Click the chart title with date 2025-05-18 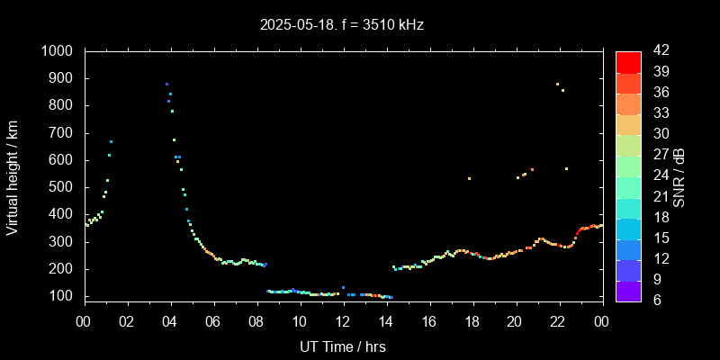point(341,24)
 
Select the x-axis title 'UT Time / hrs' point(342,346)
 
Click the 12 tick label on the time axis point(343,320)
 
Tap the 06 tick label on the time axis point(213,320)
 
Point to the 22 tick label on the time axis point(559,320)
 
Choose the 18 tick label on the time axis point(472,320)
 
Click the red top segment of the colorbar point(628,61)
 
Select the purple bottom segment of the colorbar point(628,290)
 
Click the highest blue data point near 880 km point(166,84)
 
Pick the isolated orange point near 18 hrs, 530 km point(469,178)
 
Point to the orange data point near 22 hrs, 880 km point(557,84)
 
